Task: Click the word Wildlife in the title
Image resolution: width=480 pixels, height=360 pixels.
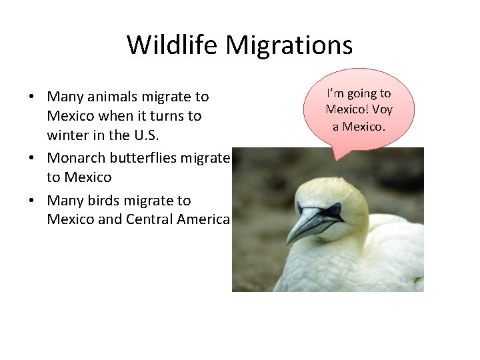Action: pyautogui.click(x=173, y=45)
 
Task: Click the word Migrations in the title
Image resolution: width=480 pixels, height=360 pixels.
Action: pyautogui.click(x=289, y=45)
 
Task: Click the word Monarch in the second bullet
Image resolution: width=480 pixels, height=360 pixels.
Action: pyautogui.click(x=77, y=158)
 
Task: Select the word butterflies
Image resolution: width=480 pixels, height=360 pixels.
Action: pyautogui.click(x=151, y=158)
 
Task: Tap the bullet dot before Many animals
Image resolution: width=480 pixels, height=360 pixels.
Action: pyautogui.click(x=32, y=97)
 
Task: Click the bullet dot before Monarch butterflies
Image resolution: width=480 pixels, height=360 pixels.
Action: pyautogui.click(x=32, y=159)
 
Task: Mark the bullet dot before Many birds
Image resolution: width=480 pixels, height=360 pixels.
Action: pyautogui.click(x=32, y=201)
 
